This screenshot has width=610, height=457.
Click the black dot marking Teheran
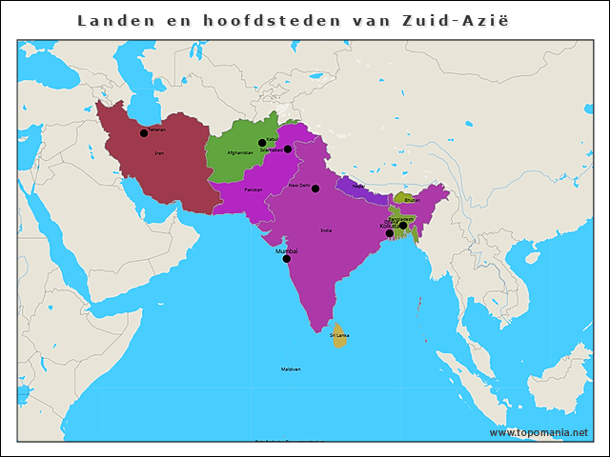coord(144,133)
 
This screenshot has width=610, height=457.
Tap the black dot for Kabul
coord(262,143)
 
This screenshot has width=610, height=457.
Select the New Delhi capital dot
coord(315,189)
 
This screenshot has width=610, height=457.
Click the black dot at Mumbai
coord(286,258)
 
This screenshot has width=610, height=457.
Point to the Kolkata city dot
coord(389,232)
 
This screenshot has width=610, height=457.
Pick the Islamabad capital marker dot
coord(288,149)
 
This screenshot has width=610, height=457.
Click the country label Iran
coord(158,152)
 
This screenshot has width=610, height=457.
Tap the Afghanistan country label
coord(240,152)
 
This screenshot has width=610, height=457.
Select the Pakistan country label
coord(253,190)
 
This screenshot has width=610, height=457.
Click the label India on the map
coord(327,230)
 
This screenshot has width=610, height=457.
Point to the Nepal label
coord(358,186)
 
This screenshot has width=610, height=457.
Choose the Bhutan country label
coord(412,200)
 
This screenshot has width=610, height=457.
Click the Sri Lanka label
coord(339,335)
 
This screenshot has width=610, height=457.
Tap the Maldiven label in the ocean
coord(291,369)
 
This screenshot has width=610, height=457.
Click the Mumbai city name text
coord(286,250)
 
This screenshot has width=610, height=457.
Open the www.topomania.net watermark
coord(539,432)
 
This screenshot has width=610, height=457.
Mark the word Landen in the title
coord(111,20)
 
